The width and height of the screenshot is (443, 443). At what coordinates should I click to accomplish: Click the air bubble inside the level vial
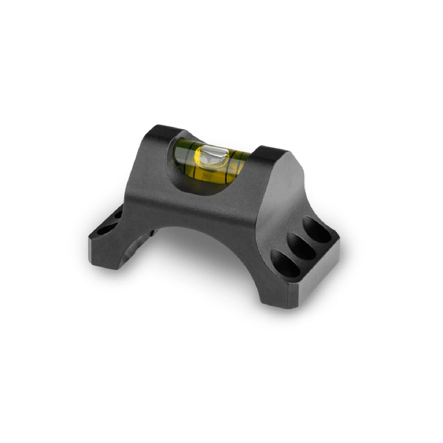[212, 156]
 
